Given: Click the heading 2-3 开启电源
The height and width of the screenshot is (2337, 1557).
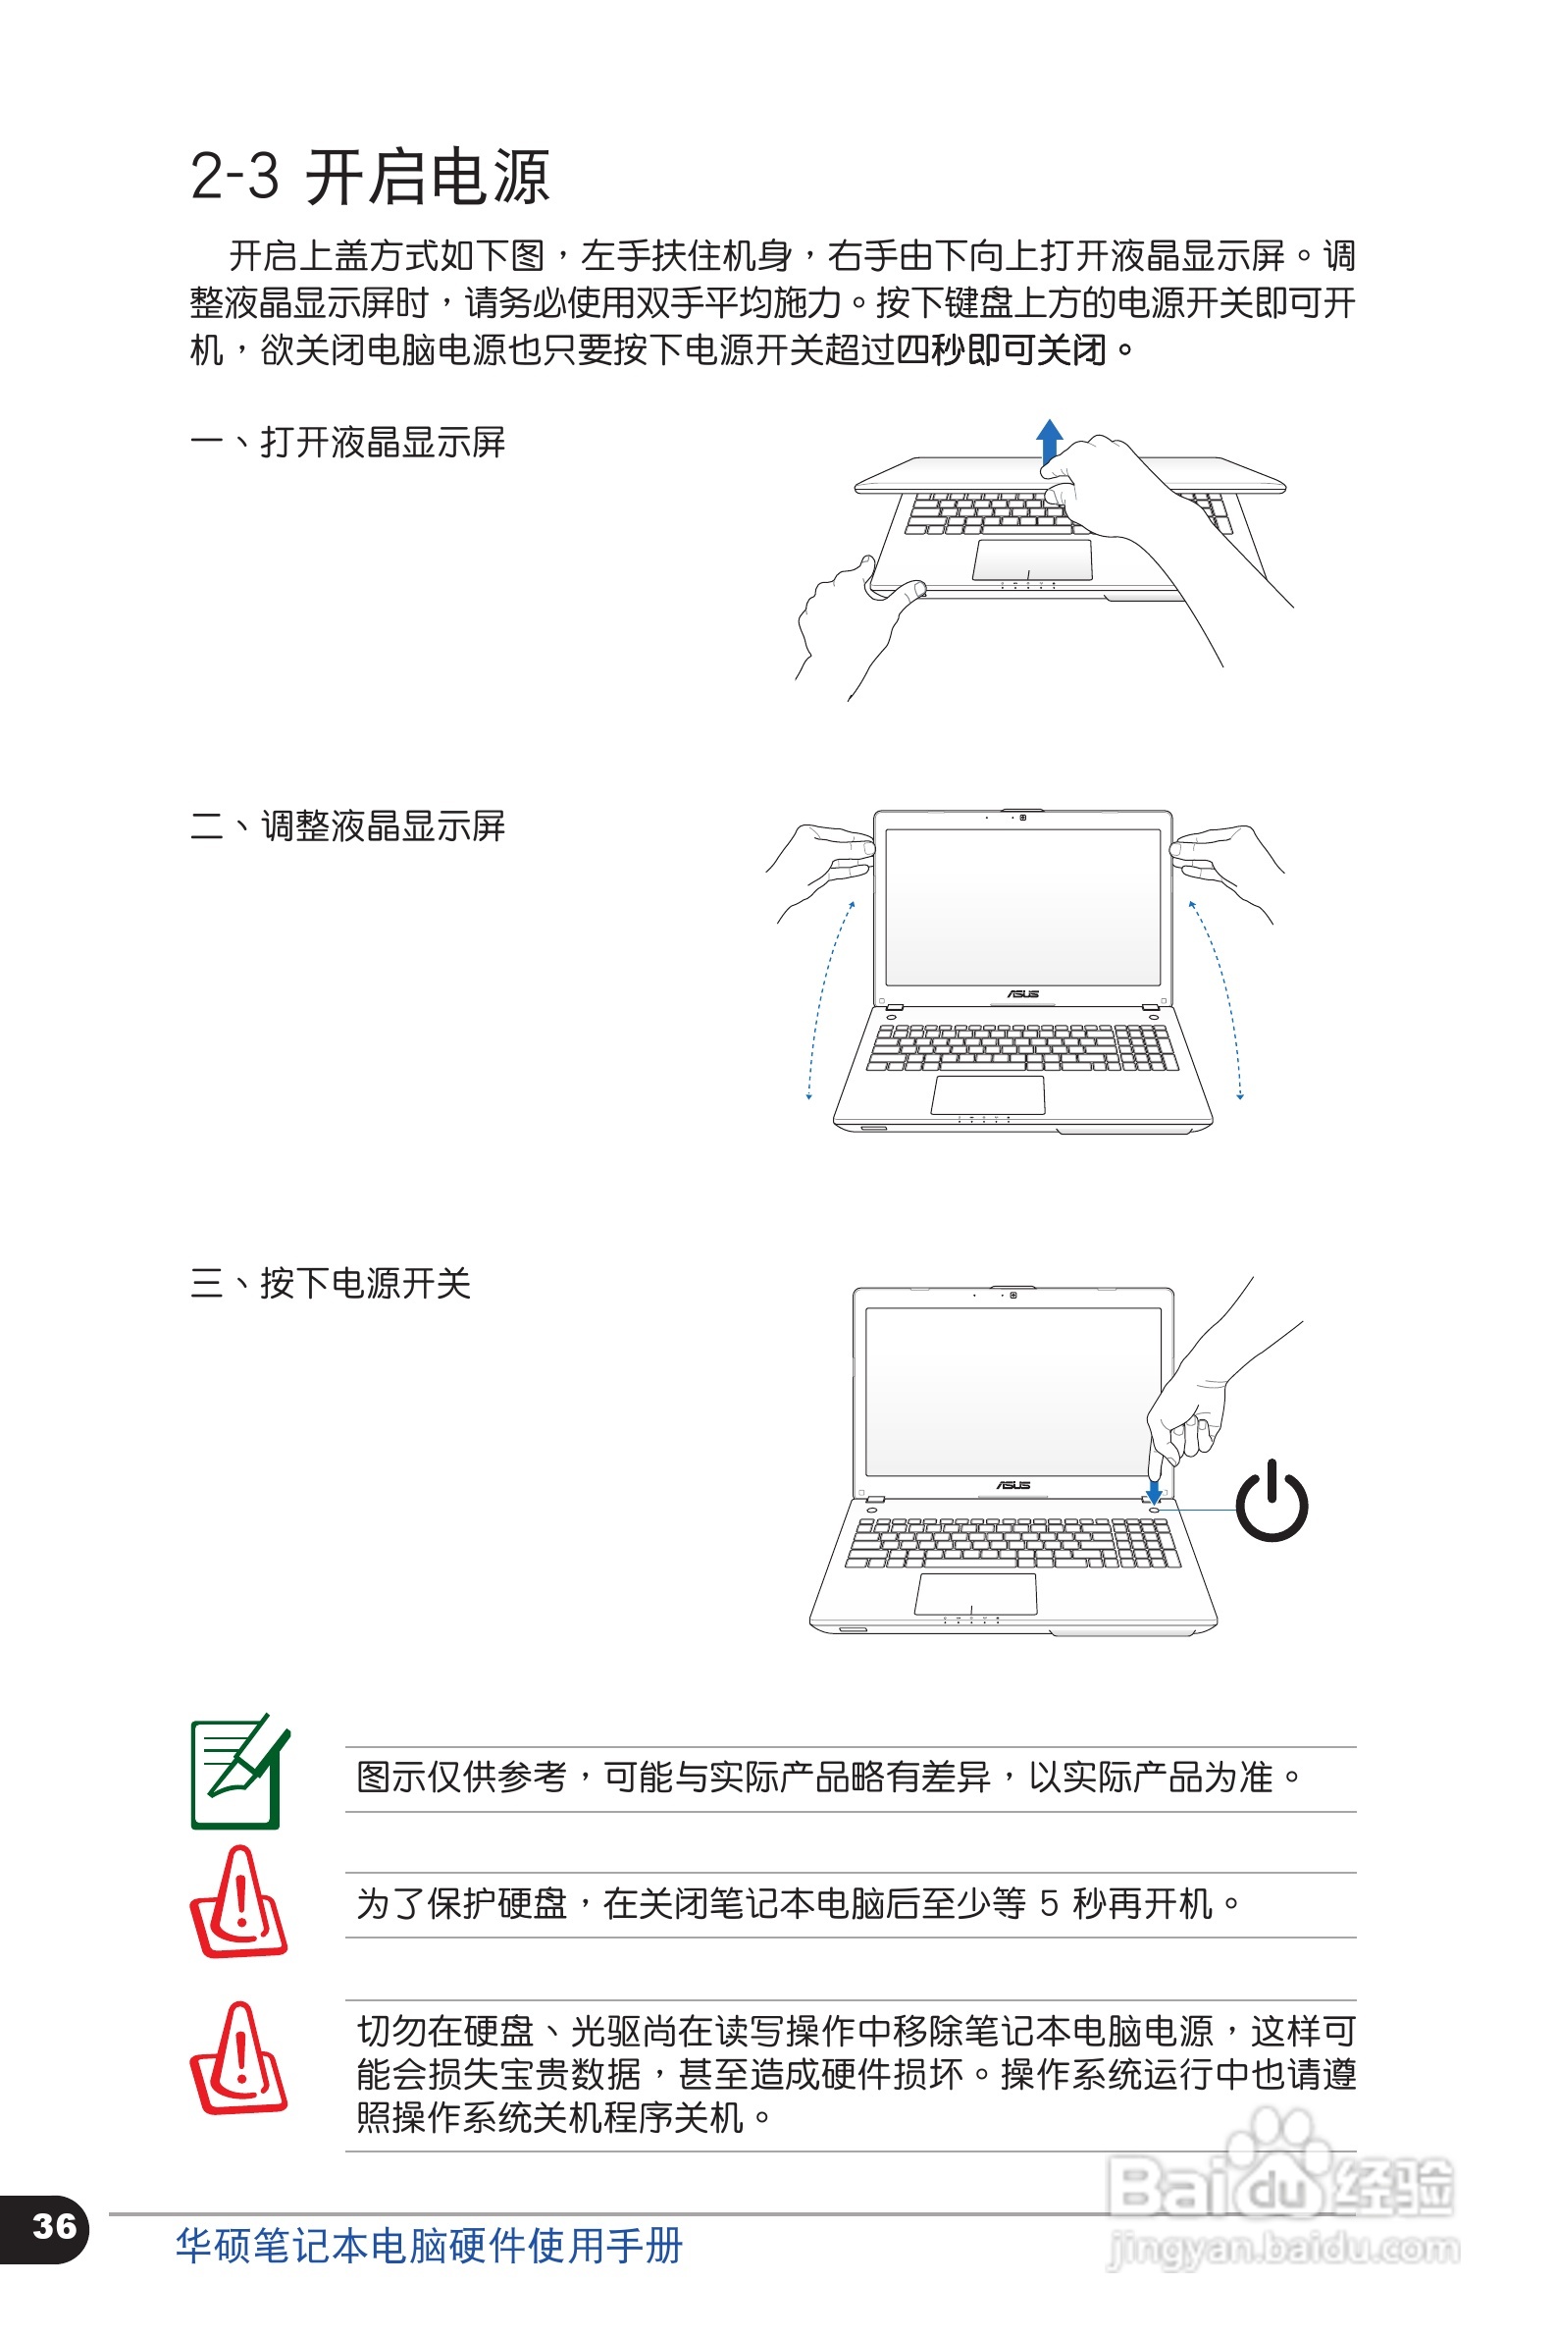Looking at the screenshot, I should [x=370, y=178].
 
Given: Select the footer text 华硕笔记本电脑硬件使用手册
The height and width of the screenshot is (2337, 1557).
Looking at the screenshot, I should [x=429, y=2246].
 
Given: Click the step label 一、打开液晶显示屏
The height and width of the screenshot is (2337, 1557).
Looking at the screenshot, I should [x=347, y=442].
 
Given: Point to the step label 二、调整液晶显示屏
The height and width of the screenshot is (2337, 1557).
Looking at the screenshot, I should [x=347, y=825].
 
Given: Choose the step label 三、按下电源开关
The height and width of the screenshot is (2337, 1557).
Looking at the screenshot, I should [x=330, y=1282].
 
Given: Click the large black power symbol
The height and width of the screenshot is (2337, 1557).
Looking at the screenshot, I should [x=1272, y=1502].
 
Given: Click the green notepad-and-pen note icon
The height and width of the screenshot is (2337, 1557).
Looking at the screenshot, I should [x=238, y=1772].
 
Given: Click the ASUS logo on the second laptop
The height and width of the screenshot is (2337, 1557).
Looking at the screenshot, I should [x=1022, y=993].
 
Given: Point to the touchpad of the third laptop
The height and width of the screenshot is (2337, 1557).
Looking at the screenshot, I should [x=975, y=1593].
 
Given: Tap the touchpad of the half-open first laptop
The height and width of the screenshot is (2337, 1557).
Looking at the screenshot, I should [x=1032, y=559].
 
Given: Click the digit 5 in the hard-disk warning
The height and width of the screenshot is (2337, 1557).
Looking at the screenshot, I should [x=1049, y=1904].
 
